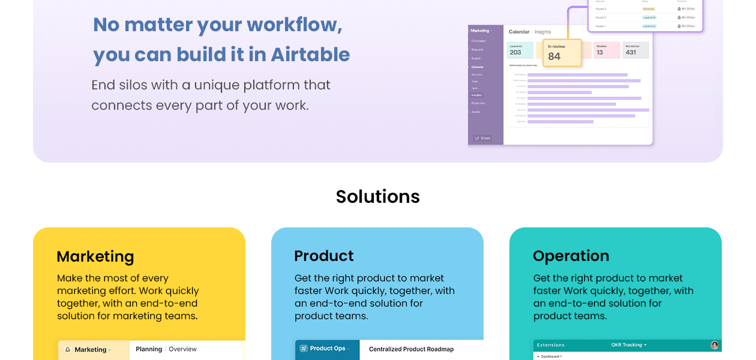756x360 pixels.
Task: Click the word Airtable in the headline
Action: [310, 55]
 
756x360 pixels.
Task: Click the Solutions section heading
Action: [377, 196]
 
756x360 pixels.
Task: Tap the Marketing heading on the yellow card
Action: [95, 256]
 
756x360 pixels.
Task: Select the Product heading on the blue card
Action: [323, 256]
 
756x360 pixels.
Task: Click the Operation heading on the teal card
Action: [571, 256]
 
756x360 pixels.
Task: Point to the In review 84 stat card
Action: [562, 53]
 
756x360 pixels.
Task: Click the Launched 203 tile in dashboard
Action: [520, 50]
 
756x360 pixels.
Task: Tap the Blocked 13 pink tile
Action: [606, 50]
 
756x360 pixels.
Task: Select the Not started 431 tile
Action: [636, 50]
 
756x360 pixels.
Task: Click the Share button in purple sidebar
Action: [483, 138]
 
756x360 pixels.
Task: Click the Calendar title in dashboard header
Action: [519, 32]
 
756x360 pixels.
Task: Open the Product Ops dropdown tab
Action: [327, 349]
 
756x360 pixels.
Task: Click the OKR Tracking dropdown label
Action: [629, 345]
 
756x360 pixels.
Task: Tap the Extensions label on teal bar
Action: [550, 345]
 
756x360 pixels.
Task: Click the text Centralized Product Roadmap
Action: [411, 349]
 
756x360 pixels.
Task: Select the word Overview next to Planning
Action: [182, 349]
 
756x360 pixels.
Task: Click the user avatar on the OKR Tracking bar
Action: [714, 345]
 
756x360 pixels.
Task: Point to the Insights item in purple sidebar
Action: [476, 95]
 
